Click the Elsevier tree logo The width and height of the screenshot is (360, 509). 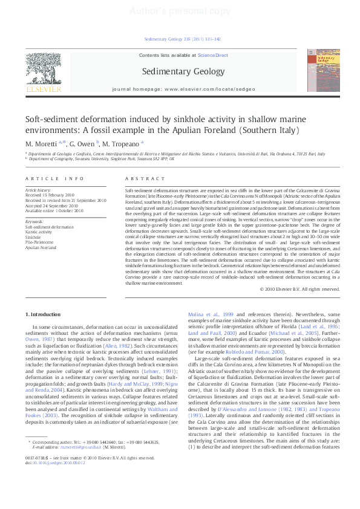pyautogui.click(x=44, y=70)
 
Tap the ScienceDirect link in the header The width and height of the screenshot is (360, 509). pyautogui.click(x=212, y=55)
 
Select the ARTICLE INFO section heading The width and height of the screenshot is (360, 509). pyautogui.click(x=55, y=178)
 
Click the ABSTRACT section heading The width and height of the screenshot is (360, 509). pyautogui.click(x=145, y=178)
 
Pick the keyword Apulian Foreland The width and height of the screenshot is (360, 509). pyautogui.click(x=41, y=247)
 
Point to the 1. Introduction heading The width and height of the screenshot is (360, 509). pyautogui.click(x=45, y=315)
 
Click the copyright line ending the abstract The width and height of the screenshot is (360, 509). pyautogui.click(x=299, y=289)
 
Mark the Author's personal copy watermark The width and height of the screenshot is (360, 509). pyautogui.click(x=179, y=11)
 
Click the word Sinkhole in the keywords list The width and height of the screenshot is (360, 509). pyautogui.click(x=34, y=237)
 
